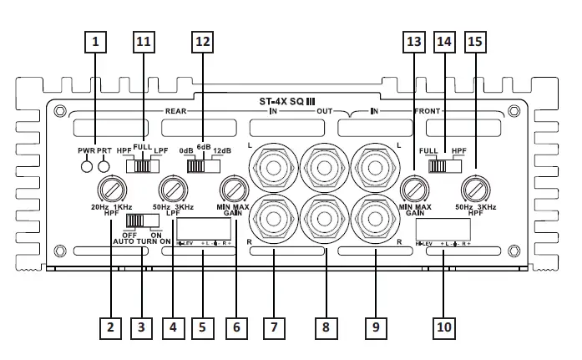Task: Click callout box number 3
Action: click(142, 327)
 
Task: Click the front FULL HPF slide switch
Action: click(443, 165)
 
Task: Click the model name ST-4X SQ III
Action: click(290, 101)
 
